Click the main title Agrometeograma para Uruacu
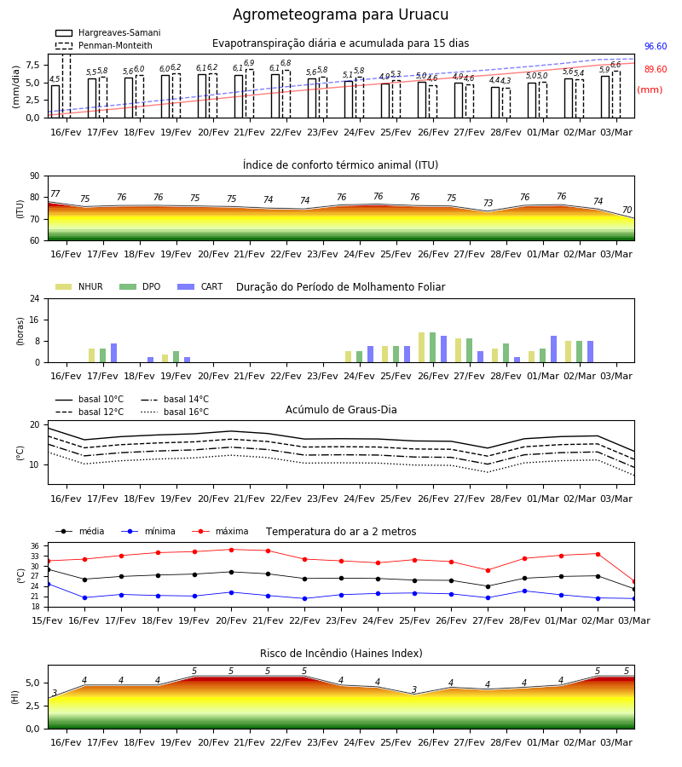click(340, 14)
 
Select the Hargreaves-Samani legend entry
click(108, 32)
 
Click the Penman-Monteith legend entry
click(104, 45)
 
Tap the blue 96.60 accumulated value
click(656, 47)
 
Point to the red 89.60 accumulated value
click(656, 70)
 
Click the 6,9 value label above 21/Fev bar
click(249, 63)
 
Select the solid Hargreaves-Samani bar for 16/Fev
click(55, 101)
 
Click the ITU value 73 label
click(488, 203)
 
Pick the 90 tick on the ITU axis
click(35, 176)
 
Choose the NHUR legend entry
click(79, 286)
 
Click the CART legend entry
click(200, 286)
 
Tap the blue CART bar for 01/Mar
click(554, 349)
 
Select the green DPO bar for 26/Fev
click(432, 348)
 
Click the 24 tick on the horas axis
click(35, 298)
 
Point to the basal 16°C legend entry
click(175, 412)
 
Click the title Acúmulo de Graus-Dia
click(341, 410)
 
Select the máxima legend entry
click(220, 531)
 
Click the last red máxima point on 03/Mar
click(634, 581)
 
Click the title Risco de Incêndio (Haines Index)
click(341, 654)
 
